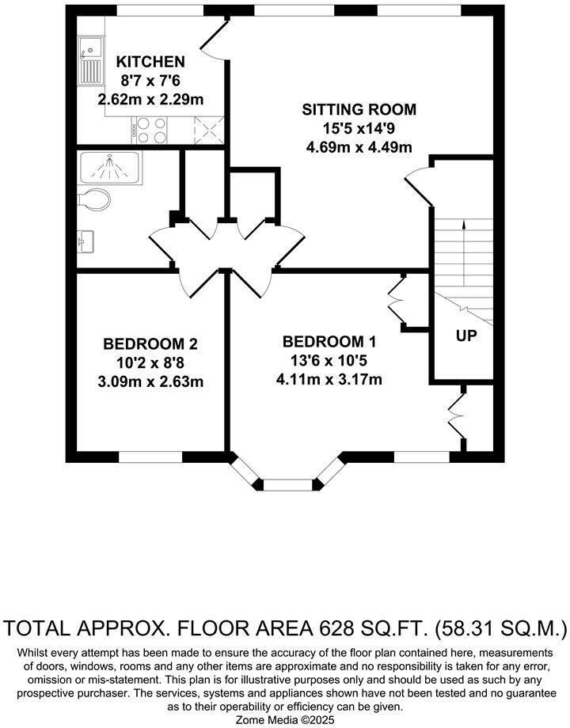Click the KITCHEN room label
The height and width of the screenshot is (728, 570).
pos(150,62)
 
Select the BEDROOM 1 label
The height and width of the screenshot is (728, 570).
pos(329,342)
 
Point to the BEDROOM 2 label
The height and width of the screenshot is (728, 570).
pos(150,344)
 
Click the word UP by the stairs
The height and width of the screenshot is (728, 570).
pos(466,336)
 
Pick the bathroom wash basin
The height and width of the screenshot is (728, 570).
pos(86,241)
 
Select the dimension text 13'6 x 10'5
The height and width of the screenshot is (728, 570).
pos(329,360)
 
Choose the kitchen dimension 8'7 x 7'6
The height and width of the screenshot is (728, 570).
pos(150,81)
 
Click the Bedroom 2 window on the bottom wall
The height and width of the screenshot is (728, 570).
pos(150,457)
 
